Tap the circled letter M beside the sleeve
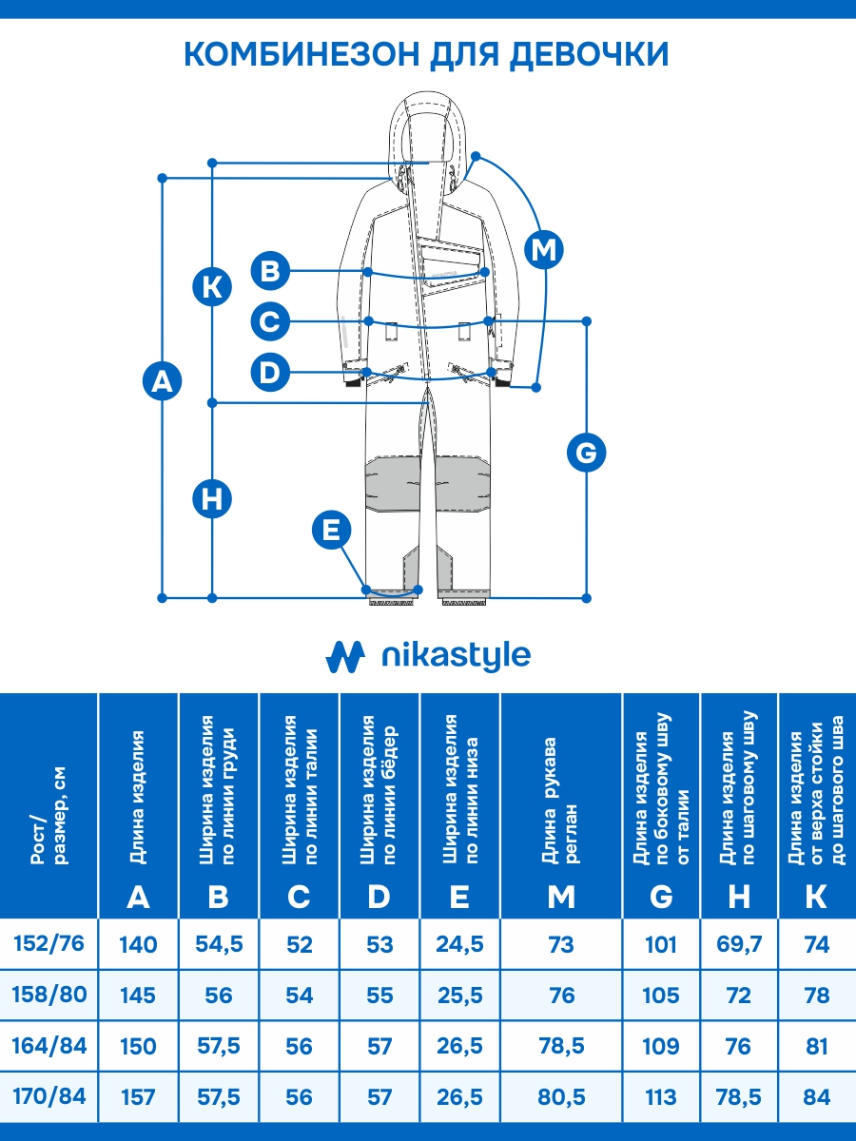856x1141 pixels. tap(544, 250)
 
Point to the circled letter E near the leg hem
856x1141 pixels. tap(331, 530)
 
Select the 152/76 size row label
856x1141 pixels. tap(49, 943)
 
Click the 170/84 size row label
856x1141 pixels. tap(49, 1096)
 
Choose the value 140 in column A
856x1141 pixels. tap(138, 944)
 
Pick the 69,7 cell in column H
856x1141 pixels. tap(739, 944)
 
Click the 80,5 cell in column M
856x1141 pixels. tap(561, 1097)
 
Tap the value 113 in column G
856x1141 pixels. tap(661, 1097)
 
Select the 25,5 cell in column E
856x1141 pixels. tap(459, 996)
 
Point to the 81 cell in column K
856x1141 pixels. tap(816, 1046)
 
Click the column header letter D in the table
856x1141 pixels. tap(379, 896)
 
